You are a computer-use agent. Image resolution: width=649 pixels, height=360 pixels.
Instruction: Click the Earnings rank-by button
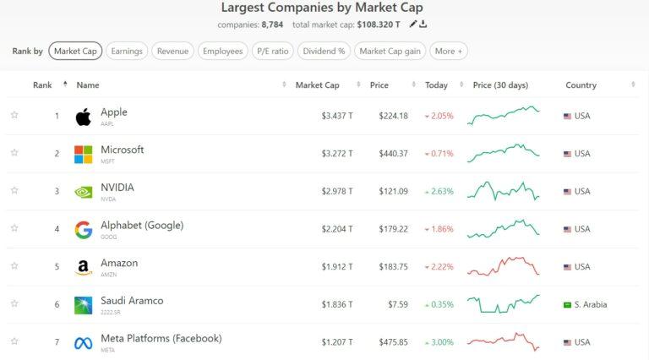127,51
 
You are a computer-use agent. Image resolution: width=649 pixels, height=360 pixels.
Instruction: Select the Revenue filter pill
172,51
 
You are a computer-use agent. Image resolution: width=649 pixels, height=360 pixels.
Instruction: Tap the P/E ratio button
273,51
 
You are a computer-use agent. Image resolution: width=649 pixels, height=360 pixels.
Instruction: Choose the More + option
449,51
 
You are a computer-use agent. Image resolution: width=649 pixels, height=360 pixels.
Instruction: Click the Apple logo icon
83,117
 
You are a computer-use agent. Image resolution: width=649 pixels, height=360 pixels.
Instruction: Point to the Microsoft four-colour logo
83,155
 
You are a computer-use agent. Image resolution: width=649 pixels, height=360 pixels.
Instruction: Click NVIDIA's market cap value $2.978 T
337,191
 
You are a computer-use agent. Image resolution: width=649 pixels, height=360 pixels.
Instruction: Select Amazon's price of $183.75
393,266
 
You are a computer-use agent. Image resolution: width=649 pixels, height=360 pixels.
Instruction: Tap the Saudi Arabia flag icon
568,305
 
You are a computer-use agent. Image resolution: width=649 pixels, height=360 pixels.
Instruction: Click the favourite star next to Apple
14,115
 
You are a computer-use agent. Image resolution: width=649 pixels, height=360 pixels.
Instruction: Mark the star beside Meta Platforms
14,341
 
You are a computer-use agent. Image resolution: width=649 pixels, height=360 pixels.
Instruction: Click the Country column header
581,85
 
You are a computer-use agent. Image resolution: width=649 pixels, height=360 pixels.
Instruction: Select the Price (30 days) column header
500,85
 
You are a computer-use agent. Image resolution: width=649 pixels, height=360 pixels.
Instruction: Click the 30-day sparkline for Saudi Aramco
504,304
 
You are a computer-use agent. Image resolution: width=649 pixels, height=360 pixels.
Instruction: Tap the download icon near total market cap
423,24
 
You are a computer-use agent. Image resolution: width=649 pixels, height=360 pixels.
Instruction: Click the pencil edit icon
412,24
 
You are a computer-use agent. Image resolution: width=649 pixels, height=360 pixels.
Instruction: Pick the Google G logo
83,230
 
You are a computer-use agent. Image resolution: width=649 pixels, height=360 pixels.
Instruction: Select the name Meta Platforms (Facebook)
161,338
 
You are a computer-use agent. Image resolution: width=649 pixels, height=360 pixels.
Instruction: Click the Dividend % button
324,51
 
